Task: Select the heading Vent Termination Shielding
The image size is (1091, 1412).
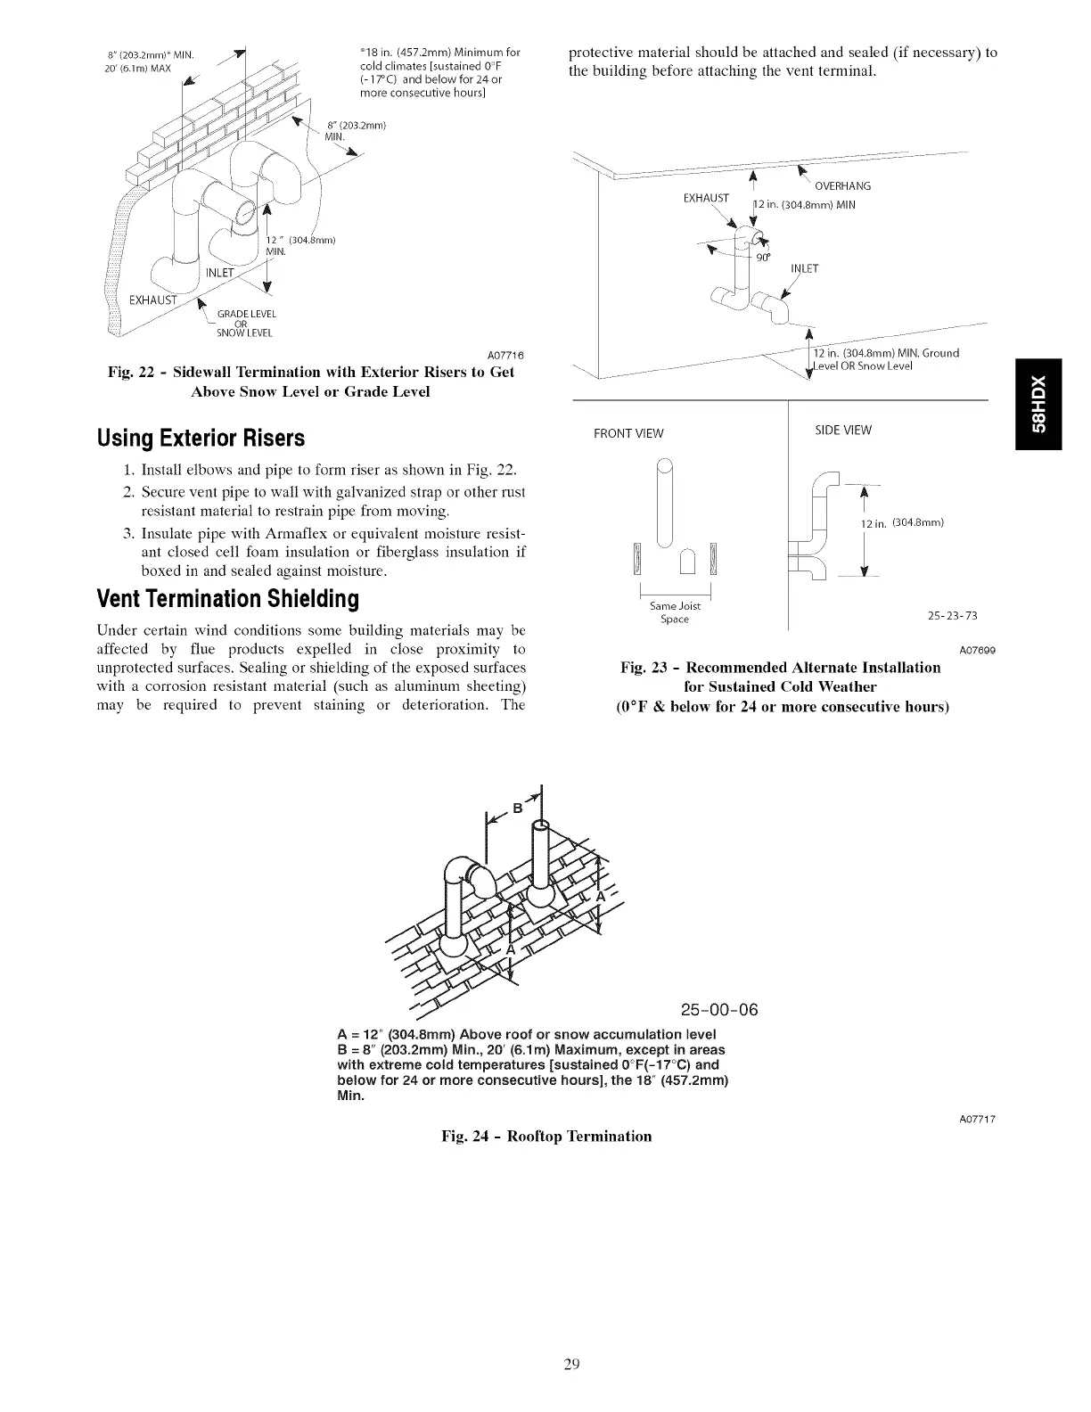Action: [x=227, y=598]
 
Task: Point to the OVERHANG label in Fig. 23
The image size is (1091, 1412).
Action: [x=842, y=186]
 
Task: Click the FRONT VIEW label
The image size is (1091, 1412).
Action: [x=628, y=434]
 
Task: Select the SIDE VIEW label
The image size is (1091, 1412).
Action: [x=843, y=431]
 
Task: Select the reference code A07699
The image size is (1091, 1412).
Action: [x=977, y=650]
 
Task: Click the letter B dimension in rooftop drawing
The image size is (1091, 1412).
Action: [x=515, y=809]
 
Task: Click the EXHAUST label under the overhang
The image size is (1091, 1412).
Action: [x=706, y=197]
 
